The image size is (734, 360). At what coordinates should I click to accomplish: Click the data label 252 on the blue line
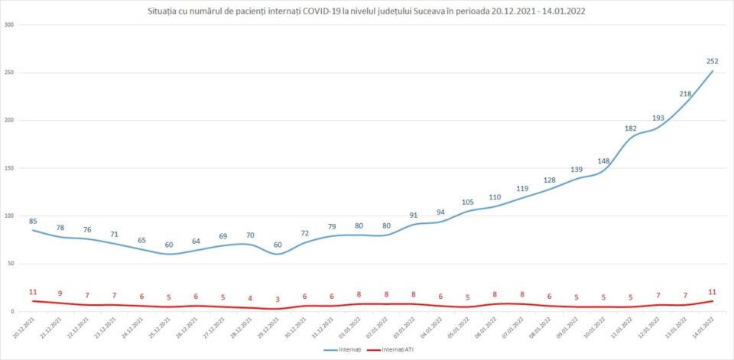tap(713, 61)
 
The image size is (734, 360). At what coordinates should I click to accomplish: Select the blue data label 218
tap(685, 94)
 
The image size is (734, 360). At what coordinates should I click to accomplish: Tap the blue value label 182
tap(631, 128)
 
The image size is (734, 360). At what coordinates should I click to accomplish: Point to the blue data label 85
tap(33, 222)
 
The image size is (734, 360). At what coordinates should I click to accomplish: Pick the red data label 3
tap(278, 300)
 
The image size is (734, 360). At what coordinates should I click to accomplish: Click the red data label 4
tap(250, 298)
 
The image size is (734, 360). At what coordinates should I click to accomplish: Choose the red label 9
tap(60, 294)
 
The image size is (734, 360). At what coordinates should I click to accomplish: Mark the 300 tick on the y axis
tap(10, 25)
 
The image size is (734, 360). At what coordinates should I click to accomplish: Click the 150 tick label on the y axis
tap(10, 168)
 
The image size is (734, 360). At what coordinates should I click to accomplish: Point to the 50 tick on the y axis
tap(11, 264)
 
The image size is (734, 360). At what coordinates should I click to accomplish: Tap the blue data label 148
tap(603, 161)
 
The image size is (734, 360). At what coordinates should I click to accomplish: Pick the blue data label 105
tap(468, 203)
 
